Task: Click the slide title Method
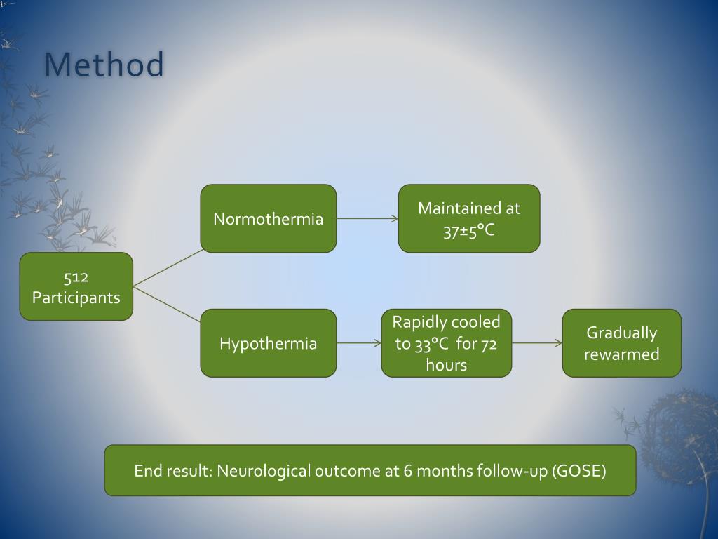click(x=104, y=65)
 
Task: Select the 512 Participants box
click(x=76, y=286)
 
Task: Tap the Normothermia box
click(x=268, y=218)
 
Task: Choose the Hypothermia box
click(x=268, y=343)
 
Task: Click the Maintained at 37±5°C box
click(x=469, y=218)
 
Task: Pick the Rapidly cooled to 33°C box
click(x=446, y=343)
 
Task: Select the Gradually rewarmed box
click(x=621, y=343)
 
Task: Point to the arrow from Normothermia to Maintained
click(x=367, y=218)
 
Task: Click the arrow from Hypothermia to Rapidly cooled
click(x=359, y=343)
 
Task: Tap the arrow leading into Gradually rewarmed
click(x=537, y=343)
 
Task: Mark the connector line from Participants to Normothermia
click(x=167, y=268)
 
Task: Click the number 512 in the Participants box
click(x=76, y=277)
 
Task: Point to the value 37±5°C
click(x=469, y=229)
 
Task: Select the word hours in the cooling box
click(x=446, y=364)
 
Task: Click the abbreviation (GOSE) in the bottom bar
click(x=578, y=470)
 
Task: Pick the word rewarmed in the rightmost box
click(x=621, y=354)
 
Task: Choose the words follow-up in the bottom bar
click(x=511, y=470)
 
